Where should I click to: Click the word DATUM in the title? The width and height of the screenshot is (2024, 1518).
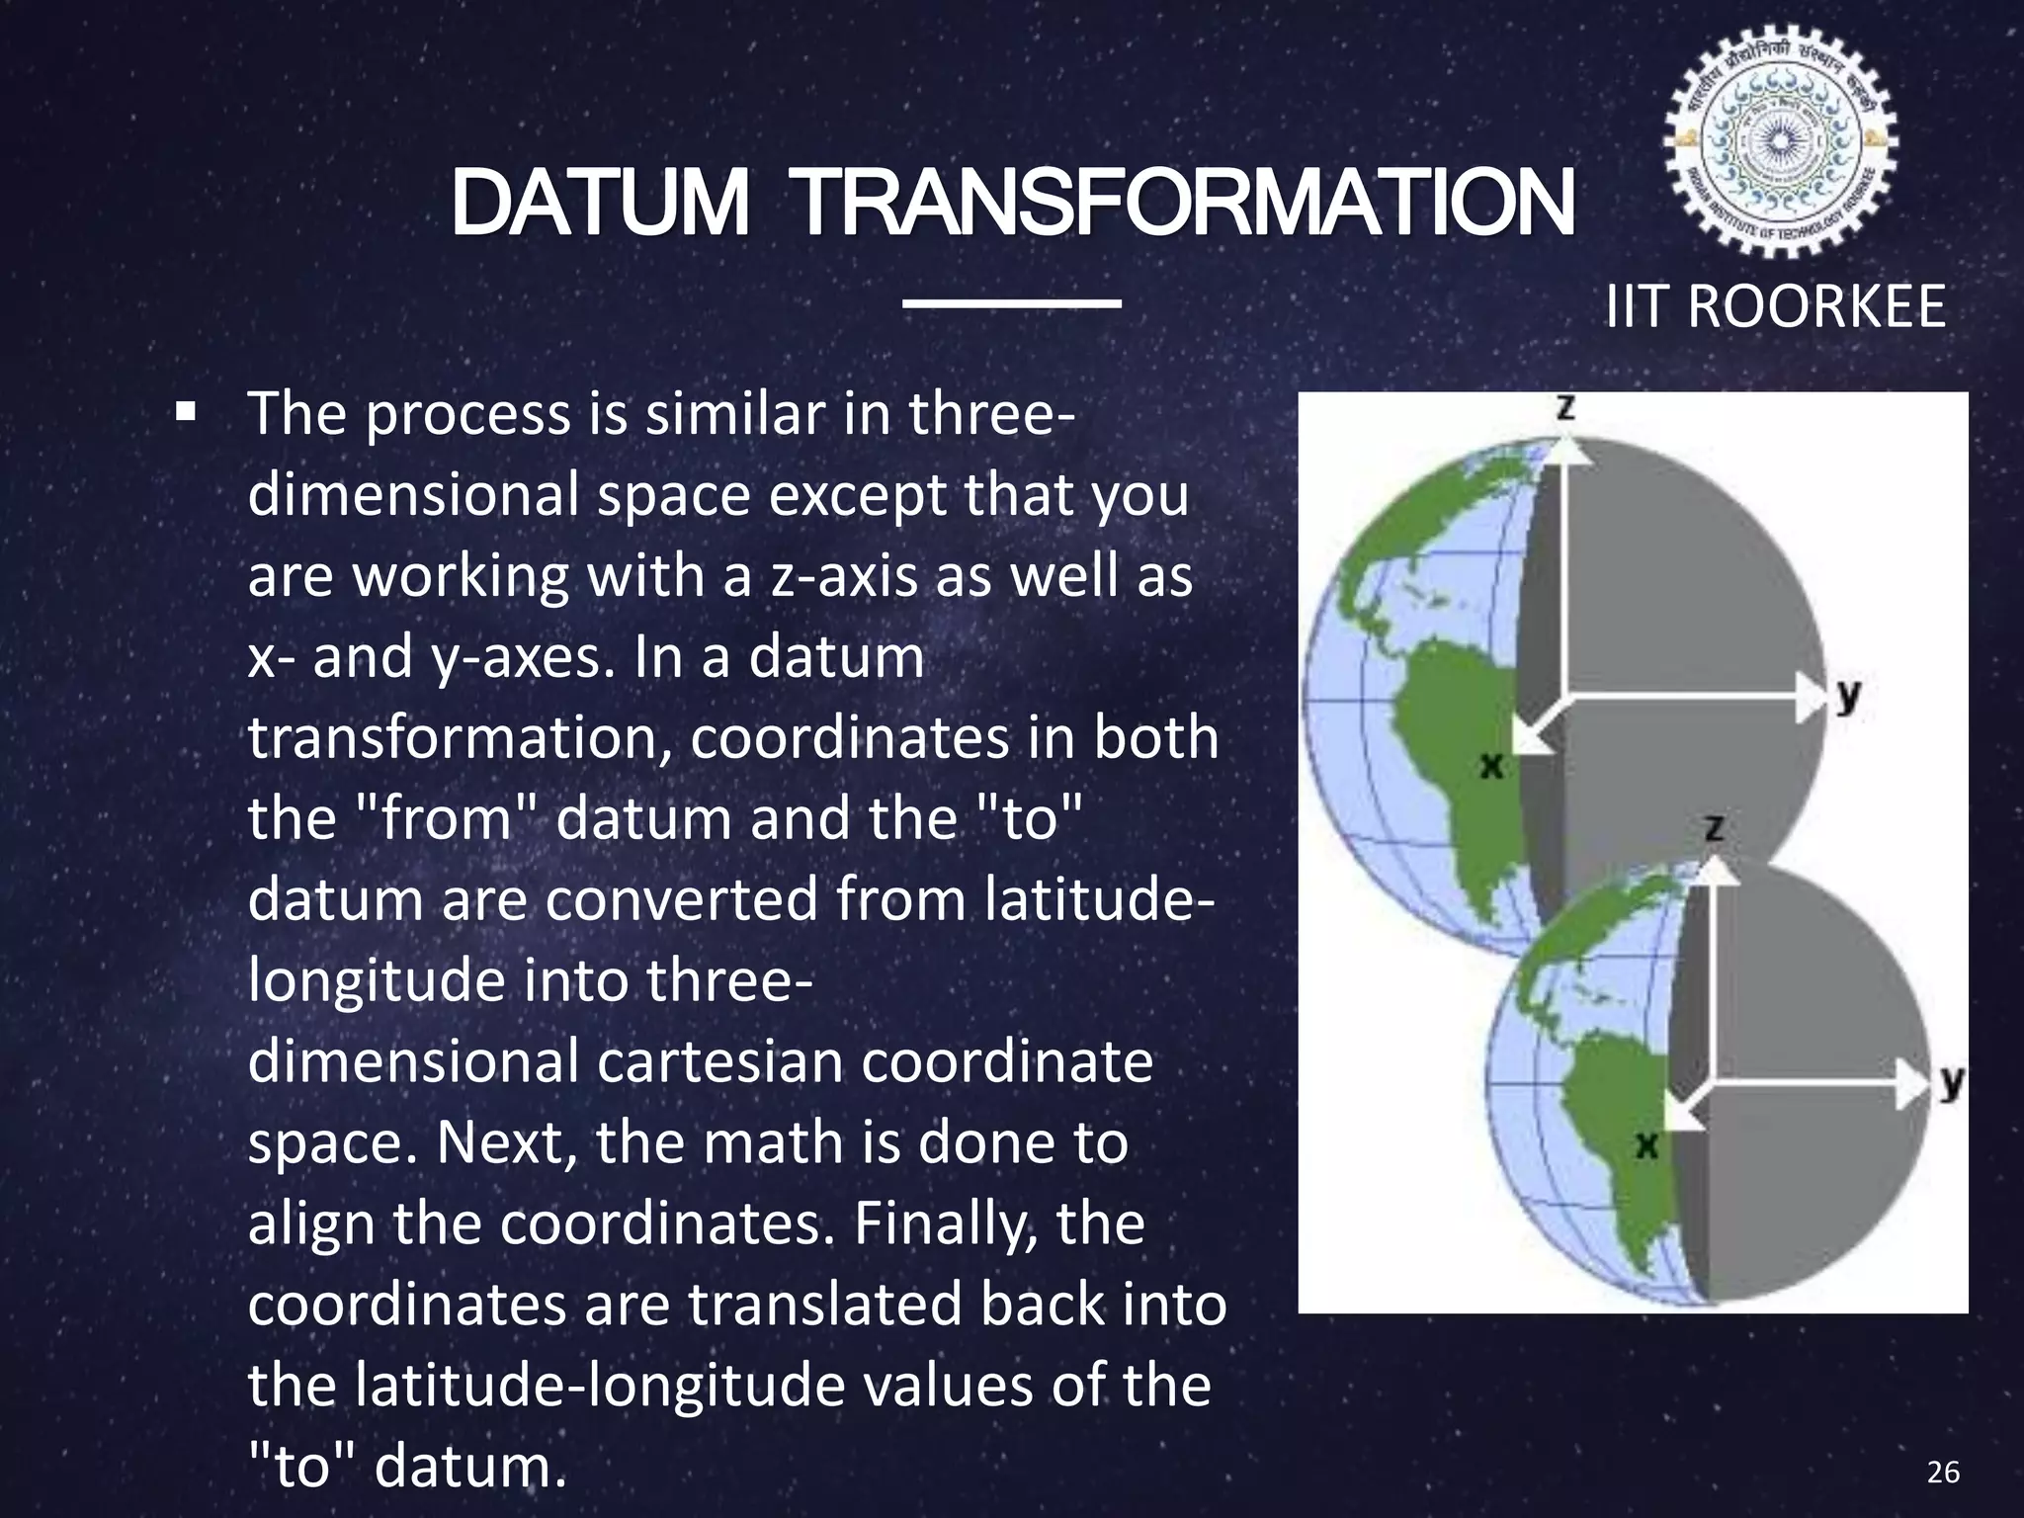(600, 204)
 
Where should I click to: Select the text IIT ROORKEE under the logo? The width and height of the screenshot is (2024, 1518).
(1775, 306)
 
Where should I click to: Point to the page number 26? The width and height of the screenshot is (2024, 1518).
(1943, 1473)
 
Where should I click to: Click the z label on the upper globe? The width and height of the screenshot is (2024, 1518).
(1565, 407)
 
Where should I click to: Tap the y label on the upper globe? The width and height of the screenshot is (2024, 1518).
(1849, 697)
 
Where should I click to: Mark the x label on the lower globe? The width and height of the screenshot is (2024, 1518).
(1645, 1144)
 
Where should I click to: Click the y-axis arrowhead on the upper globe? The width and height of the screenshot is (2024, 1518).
(1812, 698)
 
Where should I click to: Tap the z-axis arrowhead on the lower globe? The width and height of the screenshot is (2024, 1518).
(1719, 871)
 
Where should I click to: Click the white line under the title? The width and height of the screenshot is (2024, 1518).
(1012, 302)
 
